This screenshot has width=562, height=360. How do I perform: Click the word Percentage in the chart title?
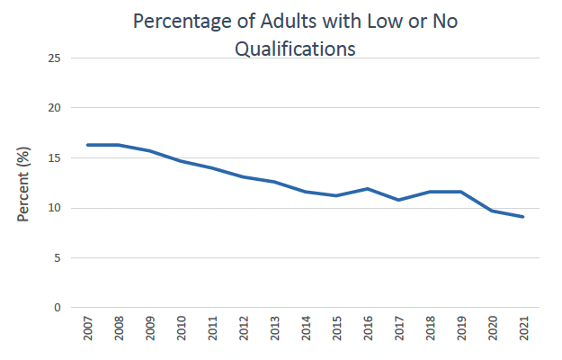pos(179,22)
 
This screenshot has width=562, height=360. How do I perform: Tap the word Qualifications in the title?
pos(294,49)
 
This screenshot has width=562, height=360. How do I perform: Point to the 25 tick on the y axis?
pos(55,58)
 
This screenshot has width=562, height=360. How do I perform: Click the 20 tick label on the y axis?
pos(55,108)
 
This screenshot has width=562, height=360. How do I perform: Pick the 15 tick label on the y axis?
pos(55,158)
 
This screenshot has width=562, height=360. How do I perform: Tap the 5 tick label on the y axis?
pos(58,258)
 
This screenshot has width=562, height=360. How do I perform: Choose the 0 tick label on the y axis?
pos(58,308)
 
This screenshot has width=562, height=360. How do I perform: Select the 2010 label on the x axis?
pos(182,333)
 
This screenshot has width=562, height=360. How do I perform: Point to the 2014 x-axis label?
pos(306,333)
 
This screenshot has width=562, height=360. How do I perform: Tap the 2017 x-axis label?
pos(399,333)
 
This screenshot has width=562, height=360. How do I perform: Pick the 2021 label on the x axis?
pos(523,333)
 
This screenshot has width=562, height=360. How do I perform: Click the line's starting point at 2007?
pos(88,145)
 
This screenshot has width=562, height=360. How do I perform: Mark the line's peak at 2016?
pos(368,189)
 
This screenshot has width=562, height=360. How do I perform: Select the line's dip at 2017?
pos(398,200)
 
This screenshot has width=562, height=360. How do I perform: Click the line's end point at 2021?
pos(522,217)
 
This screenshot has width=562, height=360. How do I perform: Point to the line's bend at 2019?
pos(460,192)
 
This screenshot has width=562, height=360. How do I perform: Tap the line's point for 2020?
pos(492,211)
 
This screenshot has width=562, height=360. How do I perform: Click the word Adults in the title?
pos(287,22)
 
